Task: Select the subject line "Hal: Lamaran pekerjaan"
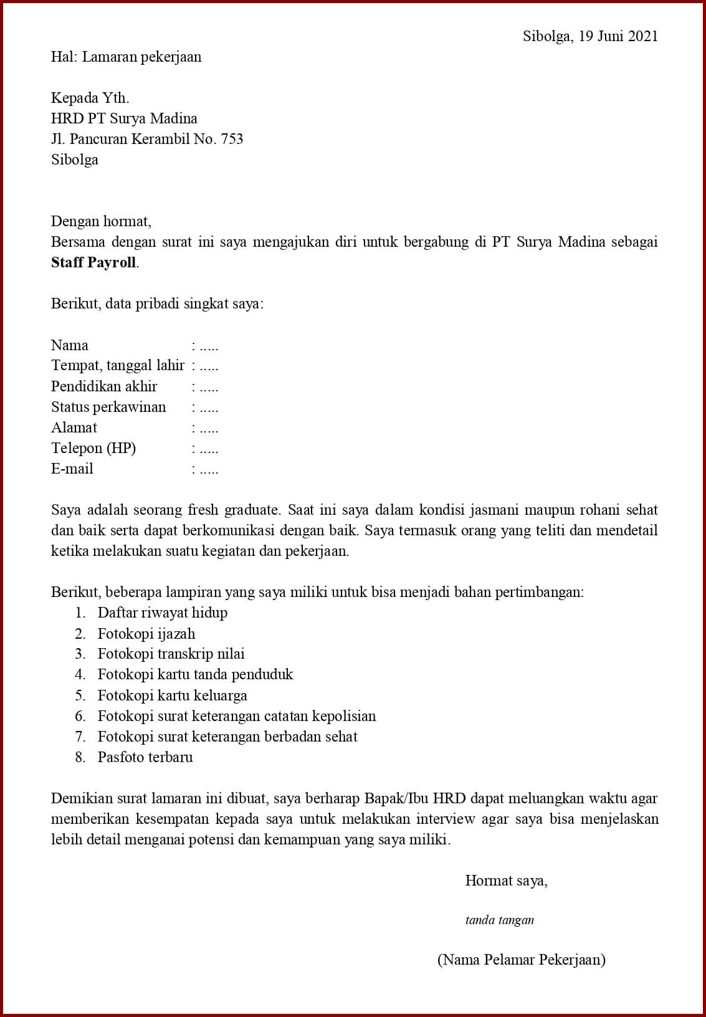(126, 57)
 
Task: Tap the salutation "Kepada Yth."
(90, 98)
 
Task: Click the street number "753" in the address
(232, 139)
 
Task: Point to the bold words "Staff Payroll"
(93, 262)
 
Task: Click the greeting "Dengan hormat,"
(101, 221)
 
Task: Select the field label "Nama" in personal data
(70, 345)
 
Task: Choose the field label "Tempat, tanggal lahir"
(118, 366)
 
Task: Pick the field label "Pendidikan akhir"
(104, 386)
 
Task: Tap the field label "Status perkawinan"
(108, 407)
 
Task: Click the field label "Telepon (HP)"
(93, 448)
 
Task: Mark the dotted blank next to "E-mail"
(209, 470)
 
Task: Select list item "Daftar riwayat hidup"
(162, 613)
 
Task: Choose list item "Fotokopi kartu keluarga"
(172, 695)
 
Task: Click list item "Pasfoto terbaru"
(145, 757)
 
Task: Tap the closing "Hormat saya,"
(506, 881)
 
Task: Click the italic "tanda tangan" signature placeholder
(499, 920)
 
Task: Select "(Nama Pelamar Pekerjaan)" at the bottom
(521, 960)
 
